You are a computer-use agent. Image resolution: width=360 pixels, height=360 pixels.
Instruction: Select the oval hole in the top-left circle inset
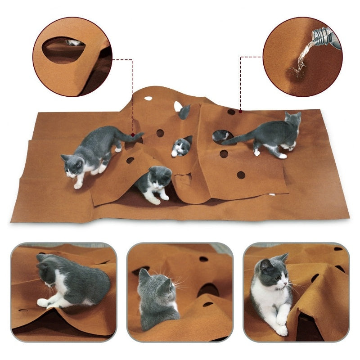click(63, 49)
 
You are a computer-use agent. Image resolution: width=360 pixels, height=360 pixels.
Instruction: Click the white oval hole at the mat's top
click(148, 98)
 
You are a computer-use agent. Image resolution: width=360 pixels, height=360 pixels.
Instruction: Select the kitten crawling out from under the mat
click(154, 183)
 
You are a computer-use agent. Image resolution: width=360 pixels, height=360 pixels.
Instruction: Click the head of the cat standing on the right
click(292, 119)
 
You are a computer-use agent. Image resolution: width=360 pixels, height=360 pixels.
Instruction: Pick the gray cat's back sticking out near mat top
click(184, 112)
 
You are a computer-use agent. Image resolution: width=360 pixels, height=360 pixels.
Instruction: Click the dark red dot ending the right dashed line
click(241, 110)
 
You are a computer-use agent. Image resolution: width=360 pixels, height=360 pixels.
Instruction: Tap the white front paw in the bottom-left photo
click(43, 303)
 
